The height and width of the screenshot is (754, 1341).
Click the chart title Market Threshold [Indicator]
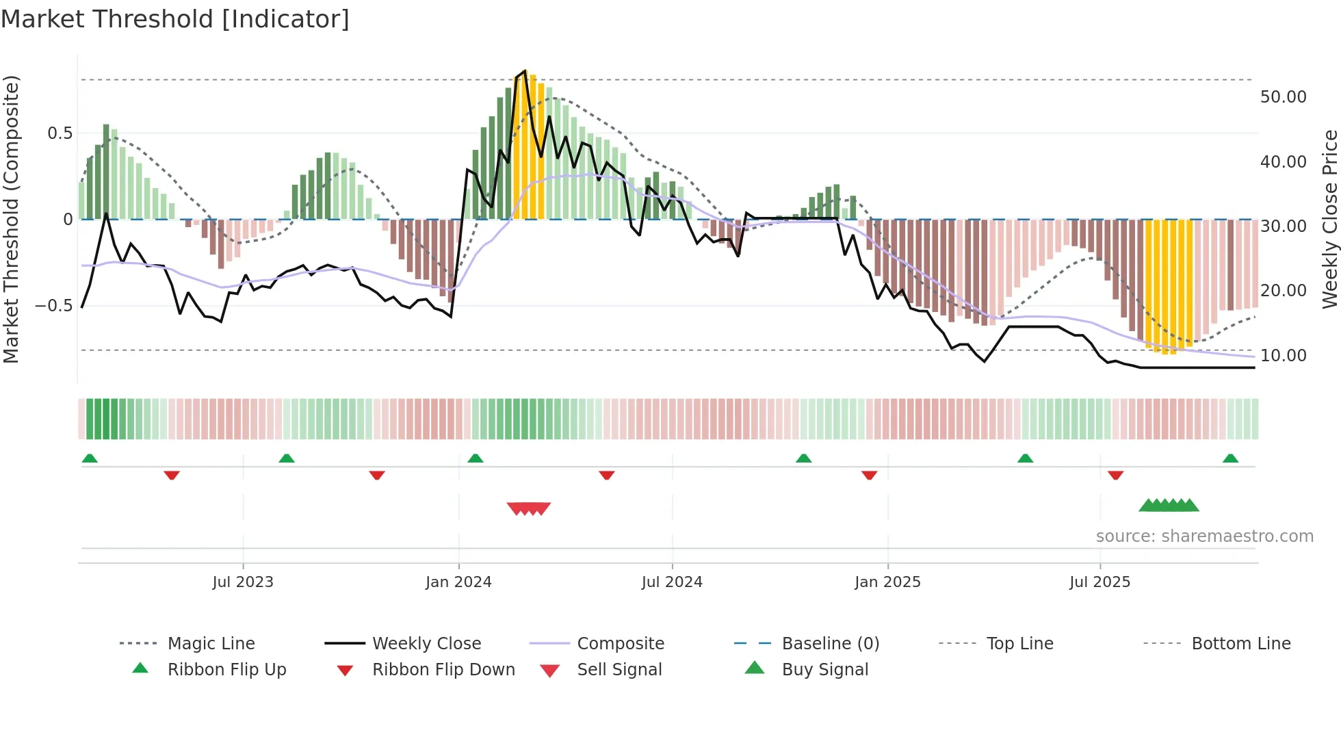[x=175, y=19]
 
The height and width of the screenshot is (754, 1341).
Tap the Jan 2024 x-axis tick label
[x=458, y=582]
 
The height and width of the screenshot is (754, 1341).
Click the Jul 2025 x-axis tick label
[x=1099, y=582]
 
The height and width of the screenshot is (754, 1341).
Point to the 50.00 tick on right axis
[x=1283, y=97]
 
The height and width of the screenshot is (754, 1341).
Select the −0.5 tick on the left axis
[x=53, y=305]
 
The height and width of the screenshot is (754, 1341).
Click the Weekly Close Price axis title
[x=1329, y=219]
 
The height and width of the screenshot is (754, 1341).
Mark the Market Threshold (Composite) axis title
[x=11, y=219]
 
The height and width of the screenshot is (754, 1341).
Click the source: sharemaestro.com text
[x=1204, y=536]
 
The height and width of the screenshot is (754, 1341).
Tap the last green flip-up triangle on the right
[x=1230, y=458]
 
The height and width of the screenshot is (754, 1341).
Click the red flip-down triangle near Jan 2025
[x=869, y=475]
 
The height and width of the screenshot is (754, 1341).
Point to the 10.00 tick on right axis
[x=1283, y=355]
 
